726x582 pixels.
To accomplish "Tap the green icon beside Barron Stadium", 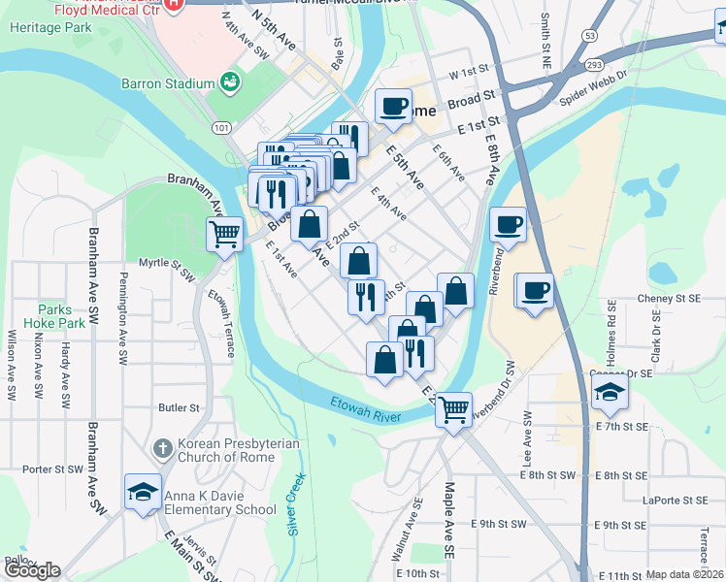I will [x=230, y=82].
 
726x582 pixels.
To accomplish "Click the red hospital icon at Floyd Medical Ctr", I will [x=174, y=5].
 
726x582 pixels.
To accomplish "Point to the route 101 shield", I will [x=222, y=127].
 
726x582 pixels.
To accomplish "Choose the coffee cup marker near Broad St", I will [x=393, y=107].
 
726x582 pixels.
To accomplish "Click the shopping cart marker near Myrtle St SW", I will [x=224, y=234].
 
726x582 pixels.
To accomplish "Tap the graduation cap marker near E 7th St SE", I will [x=610, y=392].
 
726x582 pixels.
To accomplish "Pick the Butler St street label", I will [x=179, y=408].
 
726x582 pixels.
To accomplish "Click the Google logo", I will [x=33, y=570].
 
